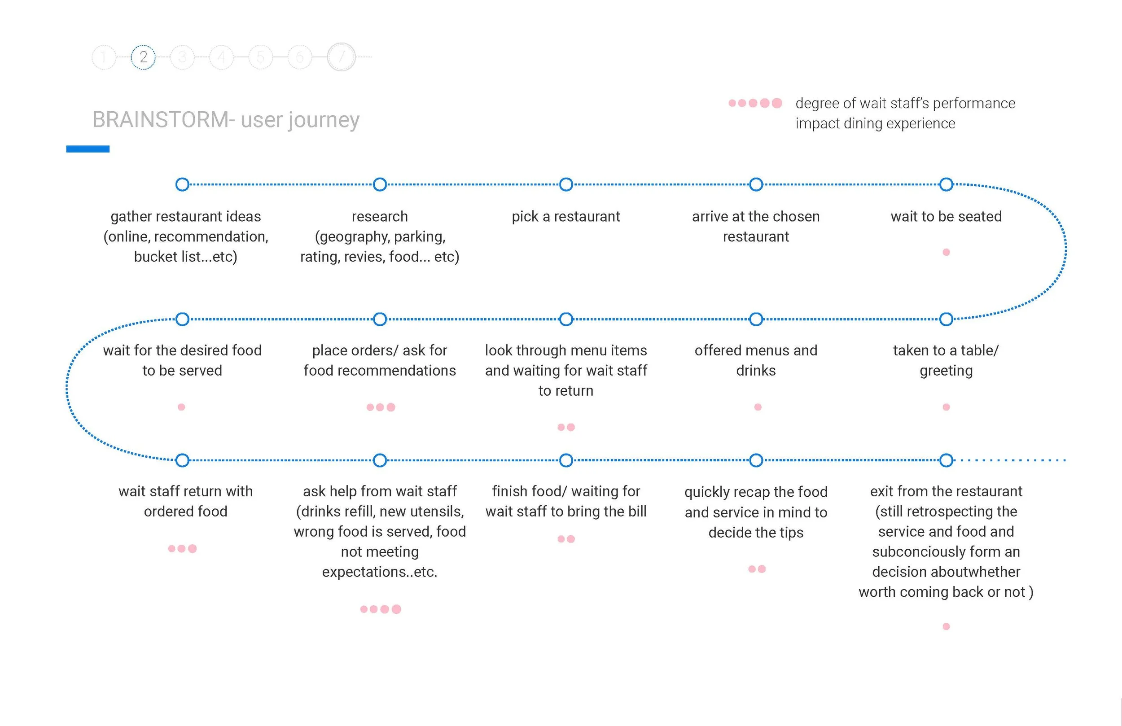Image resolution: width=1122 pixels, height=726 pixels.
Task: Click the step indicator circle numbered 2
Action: (143, 57)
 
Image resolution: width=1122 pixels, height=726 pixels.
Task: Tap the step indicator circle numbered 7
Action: (342, 57)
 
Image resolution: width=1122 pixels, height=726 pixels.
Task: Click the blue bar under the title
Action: (88, 149)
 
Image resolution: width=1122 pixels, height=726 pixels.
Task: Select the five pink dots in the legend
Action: (755, 103)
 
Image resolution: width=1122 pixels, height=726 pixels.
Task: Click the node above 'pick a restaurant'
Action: (566, 184)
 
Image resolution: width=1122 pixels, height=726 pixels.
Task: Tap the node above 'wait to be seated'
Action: (946, 184)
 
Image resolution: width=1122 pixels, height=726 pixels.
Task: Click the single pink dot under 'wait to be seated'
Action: (946, 252)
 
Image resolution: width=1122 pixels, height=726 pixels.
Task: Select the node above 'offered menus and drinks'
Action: (756, 319)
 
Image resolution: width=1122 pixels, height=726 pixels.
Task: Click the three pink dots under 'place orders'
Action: (381, 407)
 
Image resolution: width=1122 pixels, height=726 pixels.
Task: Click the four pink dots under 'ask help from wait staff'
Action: (381, 609)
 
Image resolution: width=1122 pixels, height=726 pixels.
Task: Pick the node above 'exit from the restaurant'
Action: (946, 460)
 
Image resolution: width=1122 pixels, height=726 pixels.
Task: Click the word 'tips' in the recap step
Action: (791, 532)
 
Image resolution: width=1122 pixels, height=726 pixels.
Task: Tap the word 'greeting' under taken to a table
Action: (946, 371)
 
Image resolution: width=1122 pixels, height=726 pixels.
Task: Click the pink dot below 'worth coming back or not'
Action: (946, 626)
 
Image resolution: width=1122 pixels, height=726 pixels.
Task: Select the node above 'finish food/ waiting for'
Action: (566, 460)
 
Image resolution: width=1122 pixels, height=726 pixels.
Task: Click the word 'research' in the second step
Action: (380, 216)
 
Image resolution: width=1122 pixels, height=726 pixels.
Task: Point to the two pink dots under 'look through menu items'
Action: (566, 427)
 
